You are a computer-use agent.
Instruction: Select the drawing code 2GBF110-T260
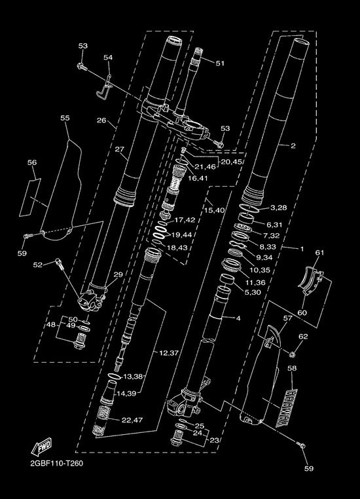56,464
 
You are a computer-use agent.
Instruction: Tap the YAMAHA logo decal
286,408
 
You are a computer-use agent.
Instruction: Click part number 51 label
220,64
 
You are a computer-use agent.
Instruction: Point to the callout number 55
65,118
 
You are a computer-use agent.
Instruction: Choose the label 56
32,162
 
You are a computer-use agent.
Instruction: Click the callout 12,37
169,352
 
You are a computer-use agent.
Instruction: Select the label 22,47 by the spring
132,420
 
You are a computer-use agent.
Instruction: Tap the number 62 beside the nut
304,337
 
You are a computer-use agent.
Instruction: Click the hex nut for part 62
293,354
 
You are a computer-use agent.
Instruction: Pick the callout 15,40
214,210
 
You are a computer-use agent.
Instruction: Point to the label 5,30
253,292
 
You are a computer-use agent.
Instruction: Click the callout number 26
101,120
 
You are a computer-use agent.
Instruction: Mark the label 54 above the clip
108,57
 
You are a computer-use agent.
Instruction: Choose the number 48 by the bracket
51,325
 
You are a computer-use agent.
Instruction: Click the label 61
319,252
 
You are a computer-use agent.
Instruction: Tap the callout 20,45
232,162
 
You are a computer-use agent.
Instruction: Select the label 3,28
279,208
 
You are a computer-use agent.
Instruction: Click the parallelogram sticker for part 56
30,197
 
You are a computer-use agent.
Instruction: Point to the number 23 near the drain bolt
214,441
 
